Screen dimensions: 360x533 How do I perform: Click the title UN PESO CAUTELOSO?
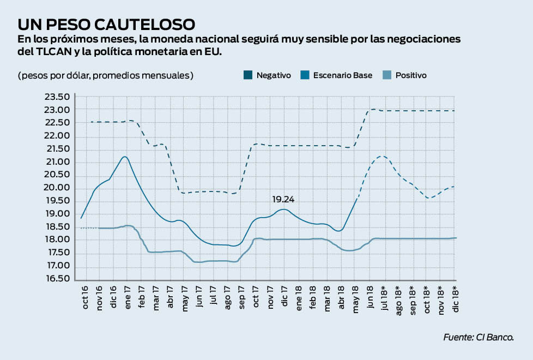(x=106, y=24)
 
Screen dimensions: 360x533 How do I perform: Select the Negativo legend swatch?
(x=247, y=75)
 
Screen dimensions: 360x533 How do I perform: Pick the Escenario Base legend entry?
(x=336, y=75)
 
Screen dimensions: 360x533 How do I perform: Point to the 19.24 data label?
(x=283, y=200)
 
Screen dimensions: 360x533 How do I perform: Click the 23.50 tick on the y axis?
(x=57, y=97)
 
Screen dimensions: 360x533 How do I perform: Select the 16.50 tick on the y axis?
(x=57, y=279)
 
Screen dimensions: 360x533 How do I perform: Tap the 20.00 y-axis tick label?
(x=57, y=188)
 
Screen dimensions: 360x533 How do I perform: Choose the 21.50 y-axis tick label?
(x=57, y=149)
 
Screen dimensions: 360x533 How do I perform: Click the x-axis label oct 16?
(x=86, y=297)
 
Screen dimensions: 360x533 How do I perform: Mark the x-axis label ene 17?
(x=127, y=297)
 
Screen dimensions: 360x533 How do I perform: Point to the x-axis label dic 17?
(x=284, y=297)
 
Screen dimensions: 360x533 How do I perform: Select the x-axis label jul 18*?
(x=384, y=298)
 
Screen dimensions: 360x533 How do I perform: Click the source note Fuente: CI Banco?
(x=479, y=338)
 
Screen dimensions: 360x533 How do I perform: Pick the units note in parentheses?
(x=105, y=75)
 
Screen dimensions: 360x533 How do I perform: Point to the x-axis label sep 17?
(x=242, y=297)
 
